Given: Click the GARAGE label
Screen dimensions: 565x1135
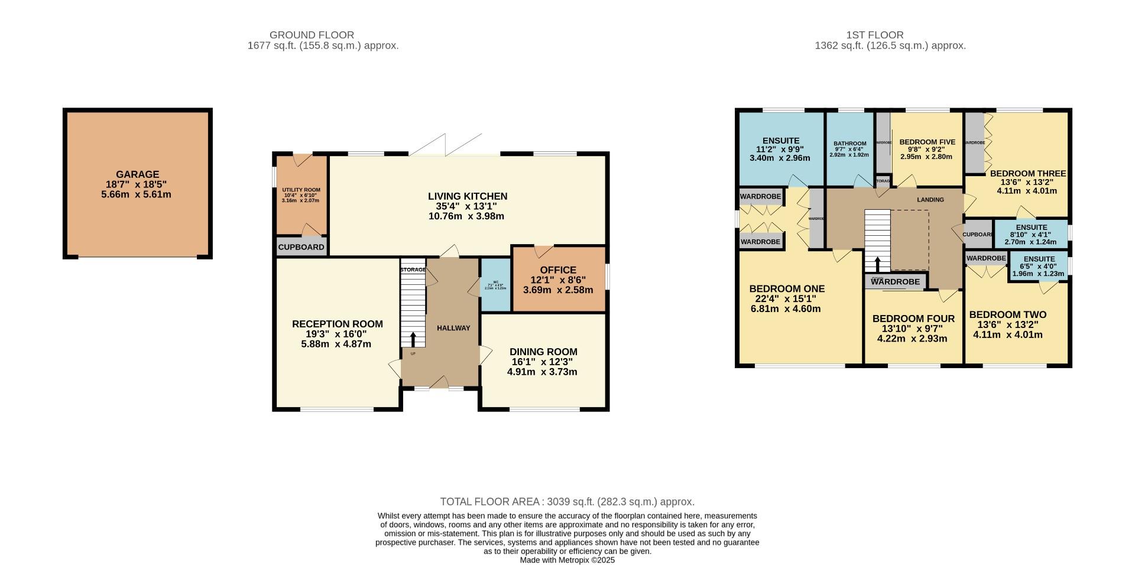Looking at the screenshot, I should point(137,174).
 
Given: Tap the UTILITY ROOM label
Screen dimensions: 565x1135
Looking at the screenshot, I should point(301,190).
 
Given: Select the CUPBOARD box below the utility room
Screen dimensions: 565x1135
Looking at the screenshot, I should point(301,247).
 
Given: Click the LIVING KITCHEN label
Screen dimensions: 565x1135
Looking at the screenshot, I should point(468,196).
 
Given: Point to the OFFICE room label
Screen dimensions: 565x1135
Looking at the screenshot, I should point(557,270).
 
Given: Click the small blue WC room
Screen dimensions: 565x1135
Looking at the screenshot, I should point(495,285).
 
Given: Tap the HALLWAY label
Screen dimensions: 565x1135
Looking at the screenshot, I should point(453,328).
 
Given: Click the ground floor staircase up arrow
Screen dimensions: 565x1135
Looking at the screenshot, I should point(413,339).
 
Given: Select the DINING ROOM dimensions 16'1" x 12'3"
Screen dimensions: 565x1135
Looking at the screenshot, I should point(543,362).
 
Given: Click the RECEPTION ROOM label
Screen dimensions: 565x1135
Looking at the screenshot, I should point(337,324).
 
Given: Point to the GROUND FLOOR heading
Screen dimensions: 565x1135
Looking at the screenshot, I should point(312,35).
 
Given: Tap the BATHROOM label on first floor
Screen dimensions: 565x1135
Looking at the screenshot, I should point(849,144).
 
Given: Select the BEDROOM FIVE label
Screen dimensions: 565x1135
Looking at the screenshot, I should point(927,142).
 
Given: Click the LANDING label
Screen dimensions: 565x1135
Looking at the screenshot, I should point(930,200).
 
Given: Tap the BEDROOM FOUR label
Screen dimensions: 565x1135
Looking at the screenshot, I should point(913,319).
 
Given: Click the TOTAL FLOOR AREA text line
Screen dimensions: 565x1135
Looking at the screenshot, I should point(567,502).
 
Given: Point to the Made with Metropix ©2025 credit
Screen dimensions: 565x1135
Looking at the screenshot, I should point(567,560).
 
